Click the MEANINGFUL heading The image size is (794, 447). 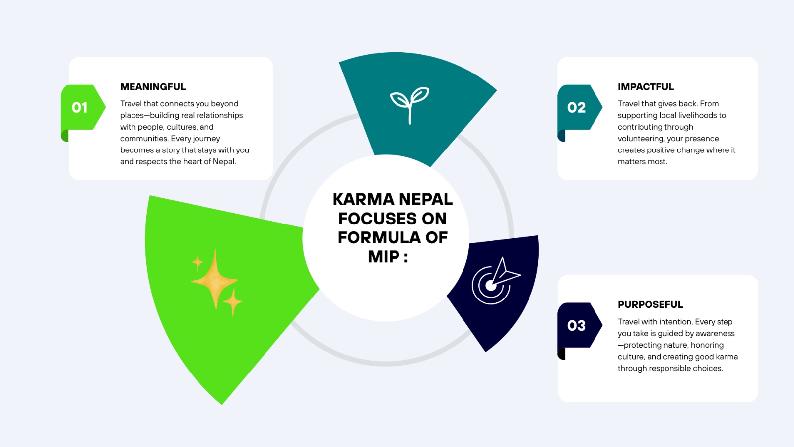tap(153, 87)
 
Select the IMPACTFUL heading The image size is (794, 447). tap(646, 87)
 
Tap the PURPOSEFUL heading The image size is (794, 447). tap(651, 305)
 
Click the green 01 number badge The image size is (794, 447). tap(83, 107)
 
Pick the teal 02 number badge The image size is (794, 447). tap(580, 107)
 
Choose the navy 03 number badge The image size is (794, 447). tap(580, 325)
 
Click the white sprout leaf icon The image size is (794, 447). tap(410, 105)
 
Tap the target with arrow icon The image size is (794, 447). tap(496, 281)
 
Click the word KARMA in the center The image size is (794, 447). tap(363, 199)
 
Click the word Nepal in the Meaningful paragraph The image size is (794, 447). tap(224, 162)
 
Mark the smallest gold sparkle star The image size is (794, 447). tap(198, 263)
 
